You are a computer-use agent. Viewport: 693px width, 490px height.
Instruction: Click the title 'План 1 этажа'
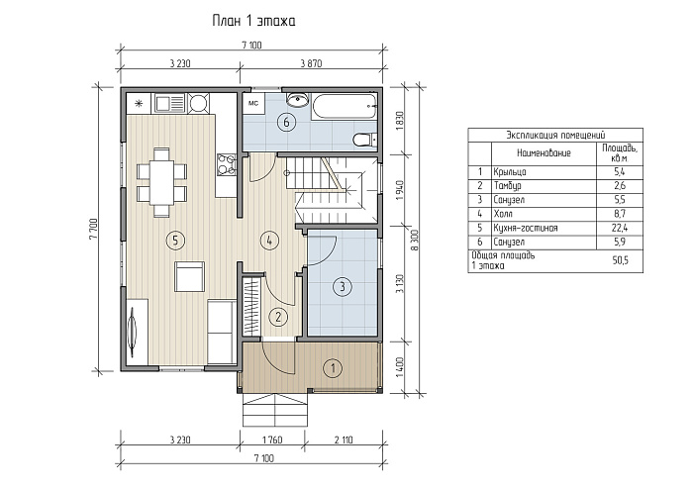point(253,21)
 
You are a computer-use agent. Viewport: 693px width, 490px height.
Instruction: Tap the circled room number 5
point(175,241)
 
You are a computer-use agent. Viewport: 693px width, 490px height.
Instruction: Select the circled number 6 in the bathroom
point(286,122)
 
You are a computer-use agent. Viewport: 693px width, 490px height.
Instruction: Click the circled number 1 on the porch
point(333,367)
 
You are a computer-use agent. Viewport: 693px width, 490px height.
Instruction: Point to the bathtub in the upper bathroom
point(344,106)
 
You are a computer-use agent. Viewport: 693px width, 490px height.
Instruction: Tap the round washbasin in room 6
point(297,99)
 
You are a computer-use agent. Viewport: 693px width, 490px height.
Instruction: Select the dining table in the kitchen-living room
point(161,182)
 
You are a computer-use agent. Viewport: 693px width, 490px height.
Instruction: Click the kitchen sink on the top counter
point(168,103)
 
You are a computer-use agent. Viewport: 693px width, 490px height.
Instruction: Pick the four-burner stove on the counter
point(227,163)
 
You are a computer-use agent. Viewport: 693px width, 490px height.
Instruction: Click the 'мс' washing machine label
point(253,104)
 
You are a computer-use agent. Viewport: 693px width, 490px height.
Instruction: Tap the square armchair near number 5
point(189,276)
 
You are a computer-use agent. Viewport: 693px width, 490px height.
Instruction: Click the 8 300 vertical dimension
point(414,241)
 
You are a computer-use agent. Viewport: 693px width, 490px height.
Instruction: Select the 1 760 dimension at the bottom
point(272,441)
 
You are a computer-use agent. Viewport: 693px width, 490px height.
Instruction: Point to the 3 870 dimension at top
point(311,63)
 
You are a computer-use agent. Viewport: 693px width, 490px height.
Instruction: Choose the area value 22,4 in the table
point(620,228)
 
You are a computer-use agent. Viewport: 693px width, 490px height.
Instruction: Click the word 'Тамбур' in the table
point(507,186)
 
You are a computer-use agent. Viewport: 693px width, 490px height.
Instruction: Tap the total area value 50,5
point(620,260)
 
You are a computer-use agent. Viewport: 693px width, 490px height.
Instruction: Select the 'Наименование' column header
point(544,152)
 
